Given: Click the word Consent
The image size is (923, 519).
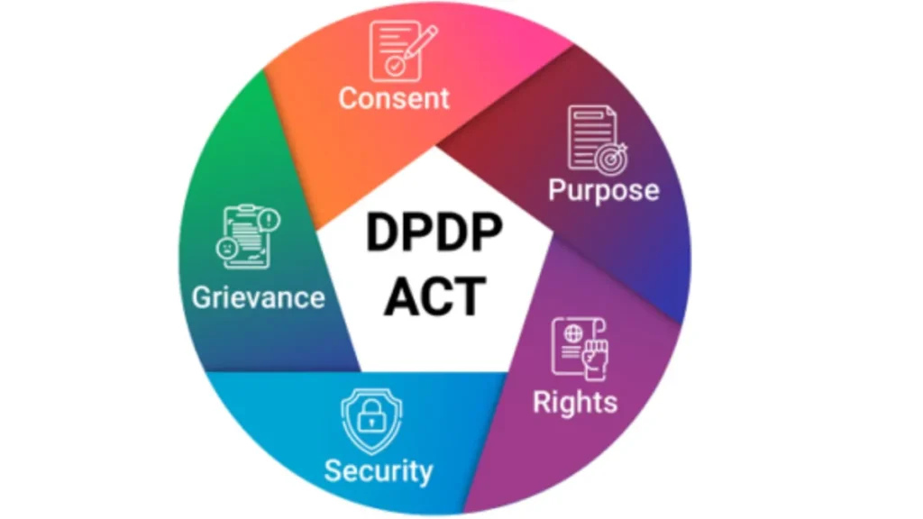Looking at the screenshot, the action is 394,98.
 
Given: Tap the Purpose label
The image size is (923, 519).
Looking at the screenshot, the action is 603,190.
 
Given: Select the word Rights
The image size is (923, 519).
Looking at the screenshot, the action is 575,403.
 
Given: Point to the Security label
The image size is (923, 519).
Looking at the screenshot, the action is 379,470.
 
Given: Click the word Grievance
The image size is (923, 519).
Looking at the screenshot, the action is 259,297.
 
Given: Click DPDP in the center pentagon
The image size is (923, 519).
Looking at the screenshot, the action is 434,233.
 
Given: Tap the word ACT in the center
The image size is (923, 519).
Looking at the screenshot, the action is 435,296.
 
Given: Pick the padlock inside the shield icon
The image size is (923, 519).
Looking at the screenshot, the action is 371,414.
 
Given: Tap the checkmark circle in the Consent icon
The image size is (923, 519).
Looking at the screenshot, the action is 395,66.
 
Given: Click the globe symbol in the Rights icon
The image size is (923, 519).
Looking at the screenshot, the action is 572,334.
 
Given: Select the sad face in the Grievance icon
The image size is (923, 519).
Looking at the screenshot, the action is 226,248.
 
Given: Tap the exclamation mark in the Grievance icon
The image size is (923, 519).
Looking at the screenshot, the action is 270,220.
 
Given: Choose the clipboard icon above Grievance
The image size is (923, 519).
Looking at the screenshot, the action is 248,237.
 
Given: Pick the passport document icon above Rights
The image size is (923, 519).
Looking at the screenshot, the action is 580,348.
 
